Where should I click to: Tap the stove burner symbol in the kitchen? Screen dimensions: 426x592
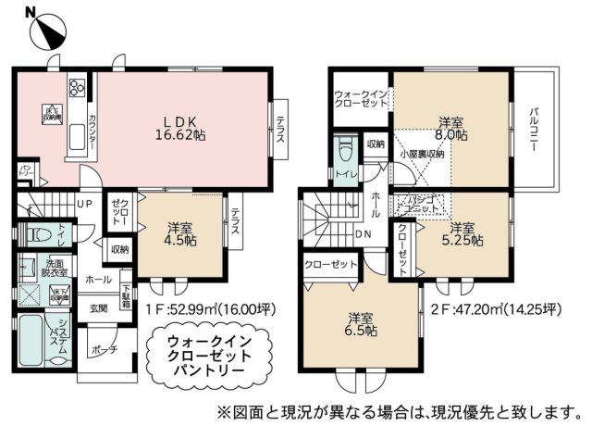pyautogui.click(x=75, y=90)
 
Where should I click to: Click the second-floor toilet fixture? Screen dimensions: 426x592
pyautogui.click(x=346, y=150)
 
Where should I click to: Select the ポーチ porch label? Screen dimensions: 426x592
pyautogui.click(x=99, y=351)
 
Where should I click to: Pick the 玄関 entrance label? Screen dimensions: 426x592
pyautogui.click(x=99, y=307)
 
